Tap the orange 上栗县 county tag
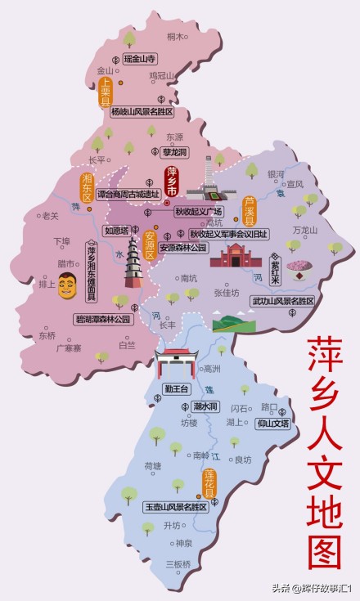tap(106, 92)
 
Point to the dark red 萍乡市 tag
tap(172, 182)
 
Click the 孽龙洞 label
tap(173, 153)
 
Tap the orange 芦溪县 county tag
tap(250, 211)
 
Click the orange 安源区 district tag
tap(150, 243)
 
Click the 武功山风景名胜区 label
tap(283, 302)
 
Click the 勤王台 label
tap(177, 388)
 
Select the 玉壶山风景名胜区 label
tap(175, 507)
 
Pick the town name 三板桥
tap(178, 564)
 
